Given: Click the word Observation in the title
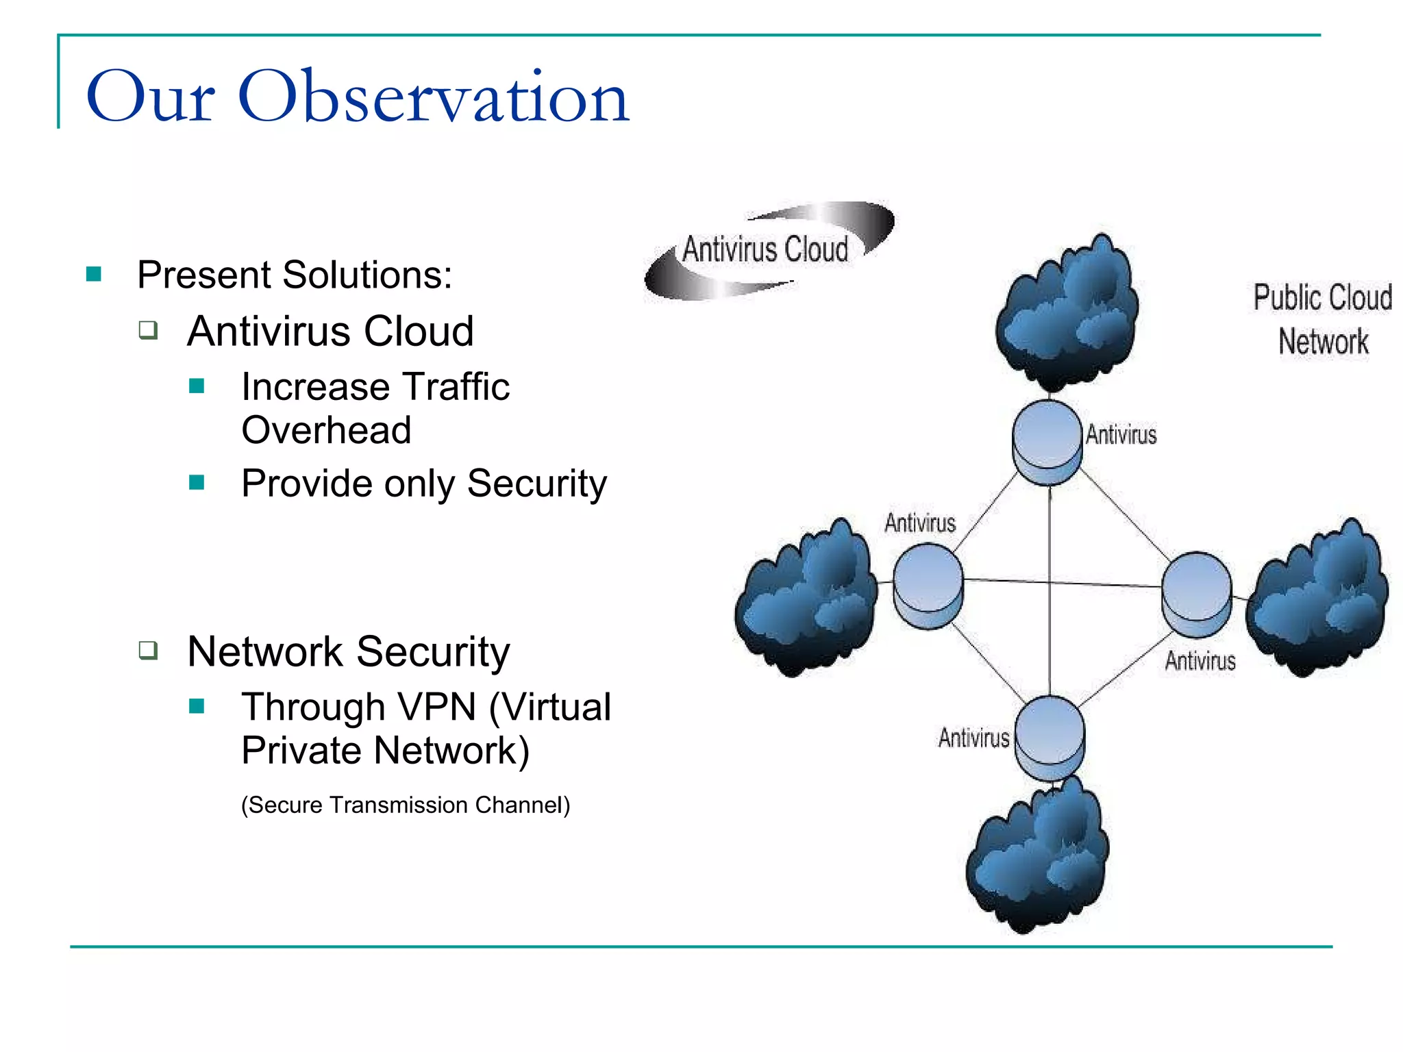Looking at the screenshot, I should coord(433,97).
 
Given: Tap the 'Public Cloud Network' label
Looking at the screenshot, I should coord(1323,319).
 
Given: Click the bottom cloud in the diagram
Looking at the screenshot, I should coord(1037,856).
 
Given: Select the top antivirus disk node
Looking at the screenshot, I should coord(1047,442).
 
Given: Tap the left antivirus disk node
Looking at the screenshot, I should coord(928,586).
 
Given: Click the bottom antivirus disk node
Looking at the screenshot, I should coord(1050,737).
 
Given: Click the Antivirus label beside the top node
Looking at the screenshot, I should coord(1121,435).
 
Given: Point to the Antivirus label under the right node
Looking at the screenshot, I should coord(1200,661).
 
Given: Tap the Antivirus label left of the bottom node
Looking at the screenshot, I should coord(973,738).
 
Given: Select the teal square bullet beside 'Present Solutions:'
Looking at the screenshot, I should coord(94,275).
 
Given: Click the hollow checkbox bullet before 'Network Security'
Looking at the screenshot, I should coord(148,649).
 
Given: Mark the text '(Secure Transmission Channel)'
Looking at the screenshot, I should coord(406,805).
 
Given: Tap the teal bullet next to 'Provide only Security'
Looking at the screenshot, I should coord(197,483).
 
